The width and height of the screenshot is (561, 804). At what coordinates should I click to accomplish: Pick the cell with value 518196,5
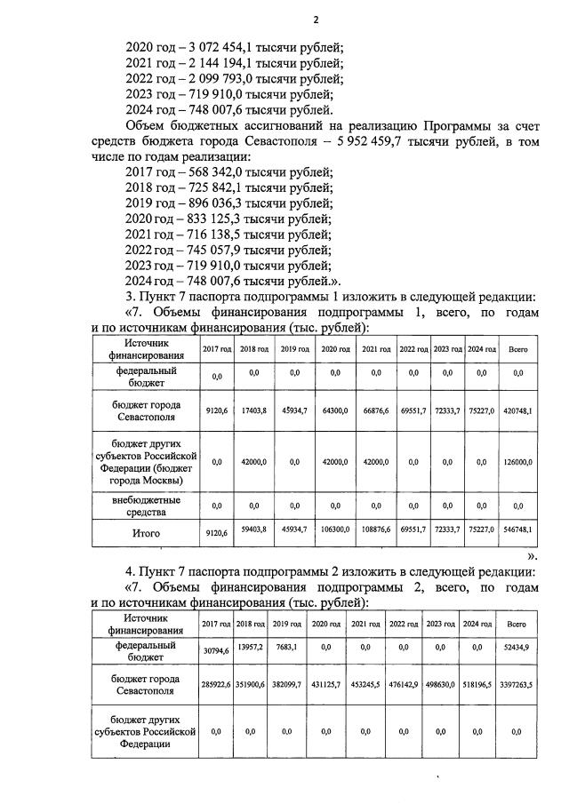point(477,686)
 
